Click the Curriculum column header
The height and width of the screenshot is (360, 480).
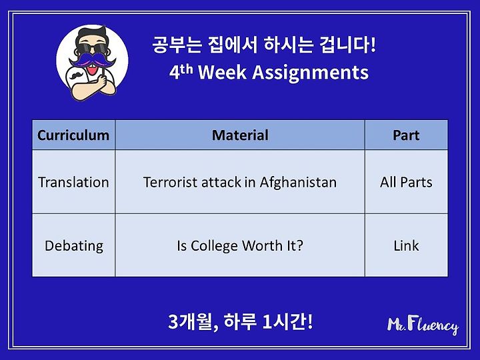click(x=73, y=135)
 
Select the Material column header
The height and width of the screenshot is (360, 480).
click(x=240, y=135)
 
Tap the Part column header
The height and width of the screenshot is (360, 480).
click(x=406, y=135)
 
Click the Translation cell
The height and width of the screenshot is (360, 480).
click(x=73, y=182)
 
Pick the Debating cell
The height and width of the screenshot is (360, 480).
click(x=74, y=246)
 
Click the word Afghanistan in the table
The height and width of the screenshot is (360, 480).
click(x=298, y=182)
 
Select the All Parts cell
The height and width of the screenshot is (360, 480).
click(x=406, y=182)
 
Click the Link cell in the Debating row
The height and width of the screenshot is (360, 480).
click(x=406, y=246)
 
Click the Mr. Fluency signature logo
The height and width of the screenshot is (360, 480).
click(x=423, y=325)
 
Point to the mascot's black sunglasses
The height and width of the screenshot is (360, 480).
click(x=91, y=49)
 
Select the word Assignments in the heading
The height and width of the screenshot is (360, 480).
click(x=311, y=73)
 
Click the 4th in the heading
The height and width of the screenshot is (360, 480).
click(x=181, y=71)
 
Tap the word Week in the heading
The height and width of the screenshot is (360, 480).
click(x=223, y=73)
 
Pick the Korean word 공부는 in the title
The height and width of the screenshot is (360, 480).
click(x=177, y=45)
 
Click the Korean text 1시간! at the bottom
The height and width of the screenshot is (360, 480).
click(x=288, y=322)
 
